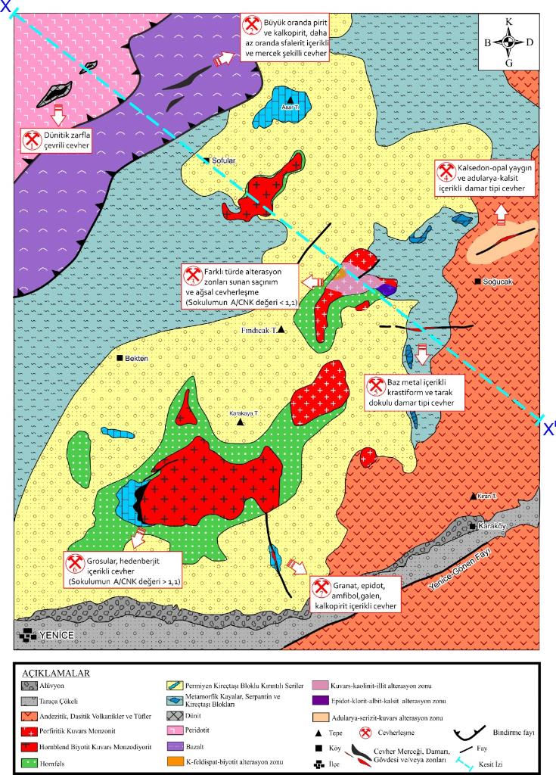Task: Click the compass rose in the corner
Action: [508, 42]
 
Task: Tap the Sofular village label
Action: [223, 160]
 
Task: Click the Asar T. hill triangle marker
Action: [289, 97]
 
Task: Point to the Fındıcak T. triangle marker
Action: [281, 329]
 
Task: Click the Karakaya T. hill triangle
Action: [241, 422]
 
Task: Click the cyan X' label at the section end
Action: [548, 428]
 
